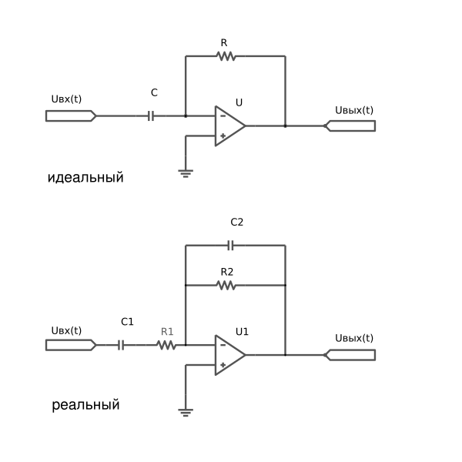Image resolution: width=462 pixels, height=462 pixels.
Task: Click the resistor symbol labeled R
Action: point(226,56)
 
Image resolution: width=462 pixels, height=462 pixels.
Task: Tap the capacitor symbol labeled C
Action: point(151,116)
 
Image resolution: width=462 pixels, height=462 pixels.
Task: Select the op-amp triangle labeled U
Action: point(230,126)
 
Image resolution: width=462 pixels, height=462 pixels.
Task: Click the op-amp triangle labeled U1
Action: point(230,355)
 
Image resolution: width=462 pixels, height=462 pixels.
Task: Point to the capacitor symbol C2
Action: point(231,245)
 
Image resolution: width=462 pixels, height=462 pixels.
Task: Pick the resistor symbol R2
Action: point(226,285)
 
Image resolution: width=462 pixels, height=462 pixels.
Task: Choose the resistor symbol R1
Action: point(166,345)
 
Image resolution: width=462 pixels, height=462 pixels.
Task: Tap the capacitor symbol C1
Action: point(121,345)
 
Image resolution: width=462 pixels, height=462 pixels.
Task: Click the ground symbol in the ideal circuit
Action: point(186,173)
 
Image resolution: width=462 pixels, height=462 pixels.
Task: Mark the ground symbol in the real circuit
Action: point(186,413)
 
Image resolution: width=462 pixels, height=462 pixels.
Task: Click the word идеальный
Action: point(85,178)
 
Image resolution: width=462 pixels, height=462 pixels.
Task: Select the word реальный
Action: point(85,405)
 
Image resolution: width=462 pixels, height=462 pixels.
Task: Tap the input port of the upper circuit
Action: point(71,115)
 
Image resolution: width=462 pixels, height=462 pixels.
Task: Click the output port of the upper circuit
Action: point(350,126)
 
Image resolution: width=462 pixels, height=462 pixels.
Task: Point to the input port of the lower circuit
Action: point(71,345)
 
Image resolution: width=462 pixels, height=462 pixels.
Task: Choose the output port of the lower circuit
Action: point(350,355)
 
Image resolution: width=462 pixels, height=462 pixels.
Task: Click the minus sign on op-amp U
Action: point(223,116)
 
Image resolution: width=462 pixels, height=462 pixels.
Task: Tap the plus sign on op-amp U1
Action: point(223,365)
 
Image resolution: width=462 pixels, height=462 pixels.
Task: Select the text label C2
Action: point(237,223)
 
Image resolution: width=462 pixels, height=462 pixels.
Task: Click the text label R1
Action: point(167,332)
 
